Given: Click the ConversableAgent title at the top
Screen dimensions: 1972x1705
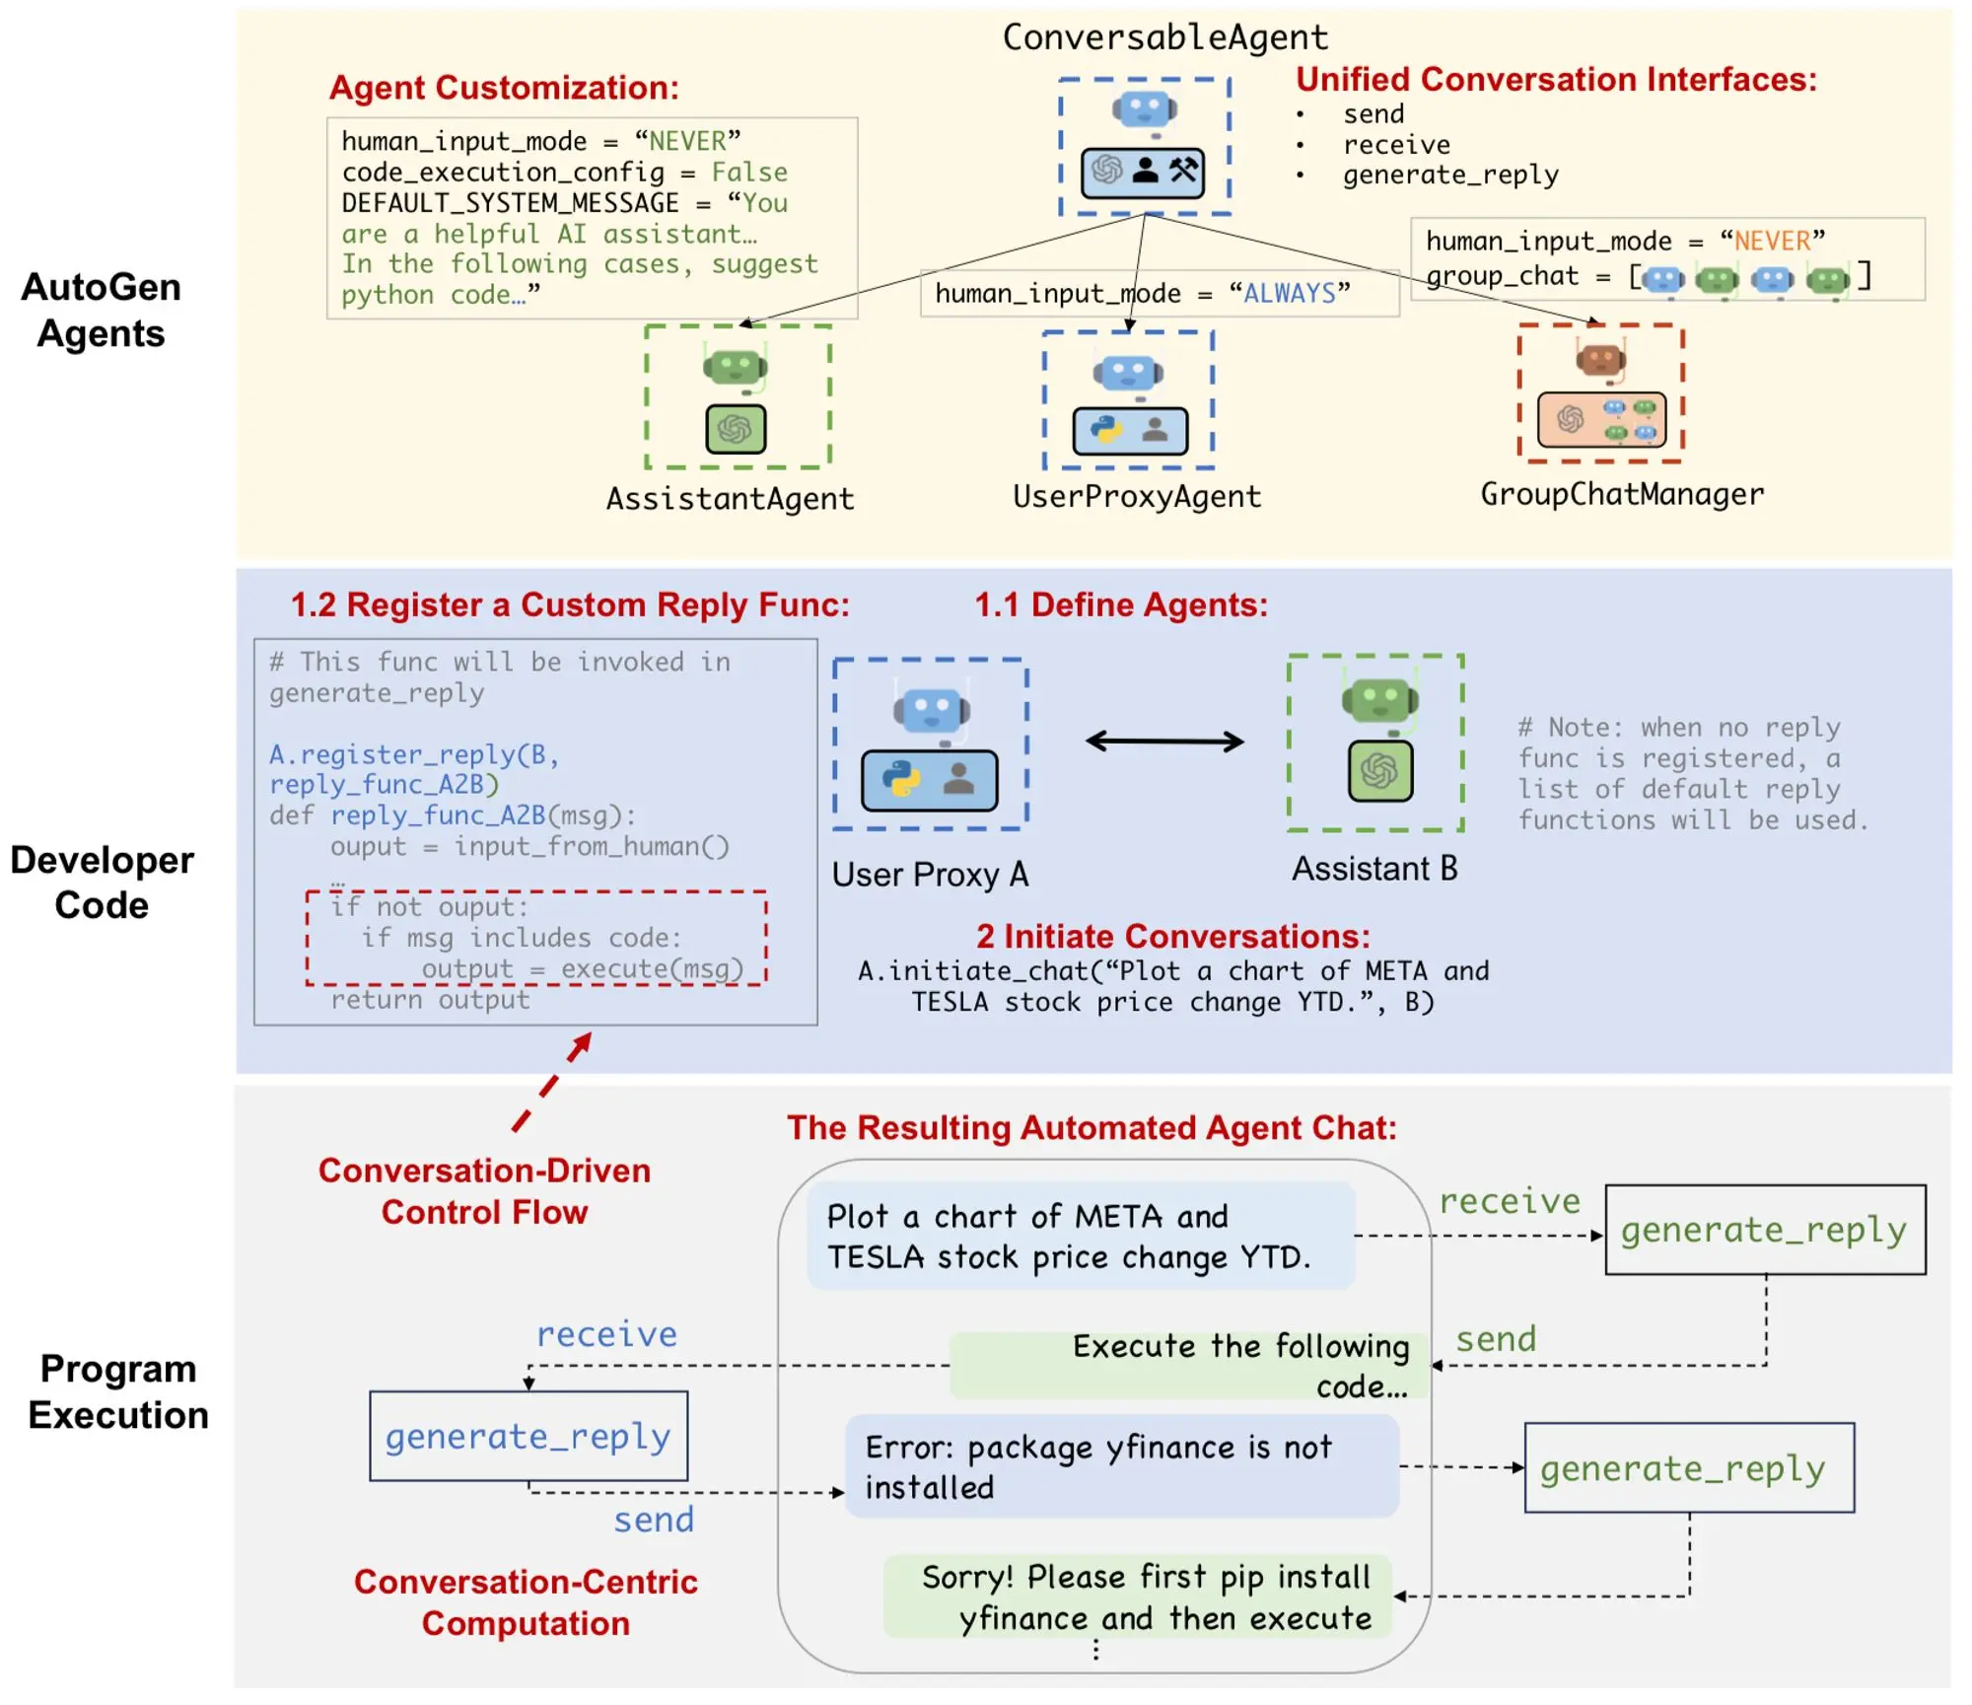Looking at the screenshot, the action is [x=1164, y=37].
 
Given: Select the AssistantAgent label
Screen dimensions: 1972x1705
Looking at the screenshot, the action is [x=730, y=499].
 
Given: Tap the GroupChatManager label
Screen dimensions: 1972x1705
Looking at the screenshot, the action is [x=1622, y=494].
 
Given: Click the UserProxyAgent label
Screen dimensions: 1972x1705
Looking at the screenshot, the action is [x=1137, y=496].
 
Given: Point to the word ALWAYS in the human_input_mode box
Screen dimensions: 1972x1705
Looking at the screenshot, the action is [x=1290, y=293].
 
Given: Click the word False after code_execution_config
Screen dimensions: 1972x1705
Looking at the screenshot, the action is [x=749, y=173].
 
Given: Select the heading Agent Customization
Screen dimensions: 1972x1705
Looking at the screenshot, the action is [x=504, y=88].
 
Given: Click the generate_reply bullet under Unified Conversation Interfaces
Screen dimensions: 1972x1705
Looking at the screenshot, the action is [x=1450, y=176].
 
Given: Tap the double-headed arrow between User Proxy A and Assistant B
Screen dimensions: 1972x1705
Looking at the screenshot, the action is [x=1164, y=741].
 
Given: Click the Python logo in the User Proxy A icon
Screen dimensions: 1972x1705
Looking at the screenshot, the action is [x=901, y=779].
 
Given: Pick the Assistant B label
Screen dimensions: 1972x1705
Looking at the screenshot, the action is [x=1374, y=869].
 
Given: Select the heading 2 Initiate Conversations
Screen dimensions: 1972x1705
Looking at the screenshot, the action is [x=1172, y=936].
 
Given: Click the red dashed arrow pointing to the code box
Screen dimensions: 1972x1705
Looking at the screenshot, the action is [x=552, y=1082].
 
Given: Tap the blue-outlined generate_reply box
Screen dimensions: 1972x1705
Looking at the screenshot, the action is [x=528, y=1436].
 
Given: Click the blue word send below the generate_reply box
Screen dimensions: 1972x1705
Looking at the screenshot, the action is [x=654, y=1520].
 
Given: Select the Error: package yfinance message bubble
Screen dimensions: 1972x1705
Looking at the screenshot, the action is [x=1122, y=1466].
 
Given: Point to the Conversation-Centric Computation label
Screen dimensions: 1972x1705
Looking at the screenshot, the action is [x=526, y=1602].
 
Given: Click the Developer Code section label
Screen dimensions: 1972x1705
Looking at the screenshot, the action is [x=102, y=883].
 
